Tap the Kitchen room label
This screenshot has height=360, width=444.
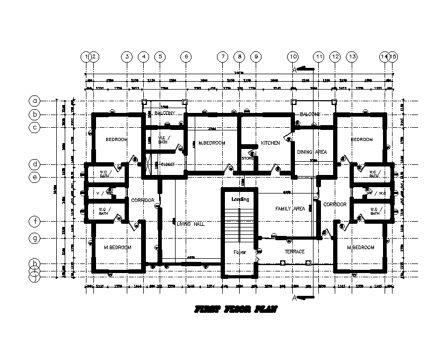point(270,143)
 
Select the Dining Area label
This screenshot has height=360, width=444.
point(311,152)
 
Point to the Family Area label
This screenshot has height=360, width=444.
point(290,209)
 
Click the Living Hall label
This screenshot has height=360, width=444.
point(190,224)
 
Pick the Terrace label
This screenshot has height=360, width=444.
point(294,251)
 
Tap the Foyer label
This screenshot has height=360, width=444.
point(240,252)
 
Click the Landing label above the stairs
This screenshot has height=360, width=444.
point(240,199)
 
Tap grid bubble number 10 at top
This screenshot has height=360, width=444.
point(293,56)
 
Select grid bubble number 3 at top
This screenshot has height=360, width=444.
point(126,56)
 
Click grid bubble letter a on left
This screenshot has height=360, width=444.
point(35,100)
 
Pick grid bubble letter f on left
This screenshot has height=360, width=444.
point(35,221)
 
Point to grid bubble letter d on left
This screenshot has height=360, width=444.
point(35,164)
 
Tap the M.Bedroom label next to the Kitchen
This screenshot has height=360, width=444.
point(212,143)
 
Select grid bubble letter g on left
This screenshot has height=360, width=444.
point(35,239)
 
